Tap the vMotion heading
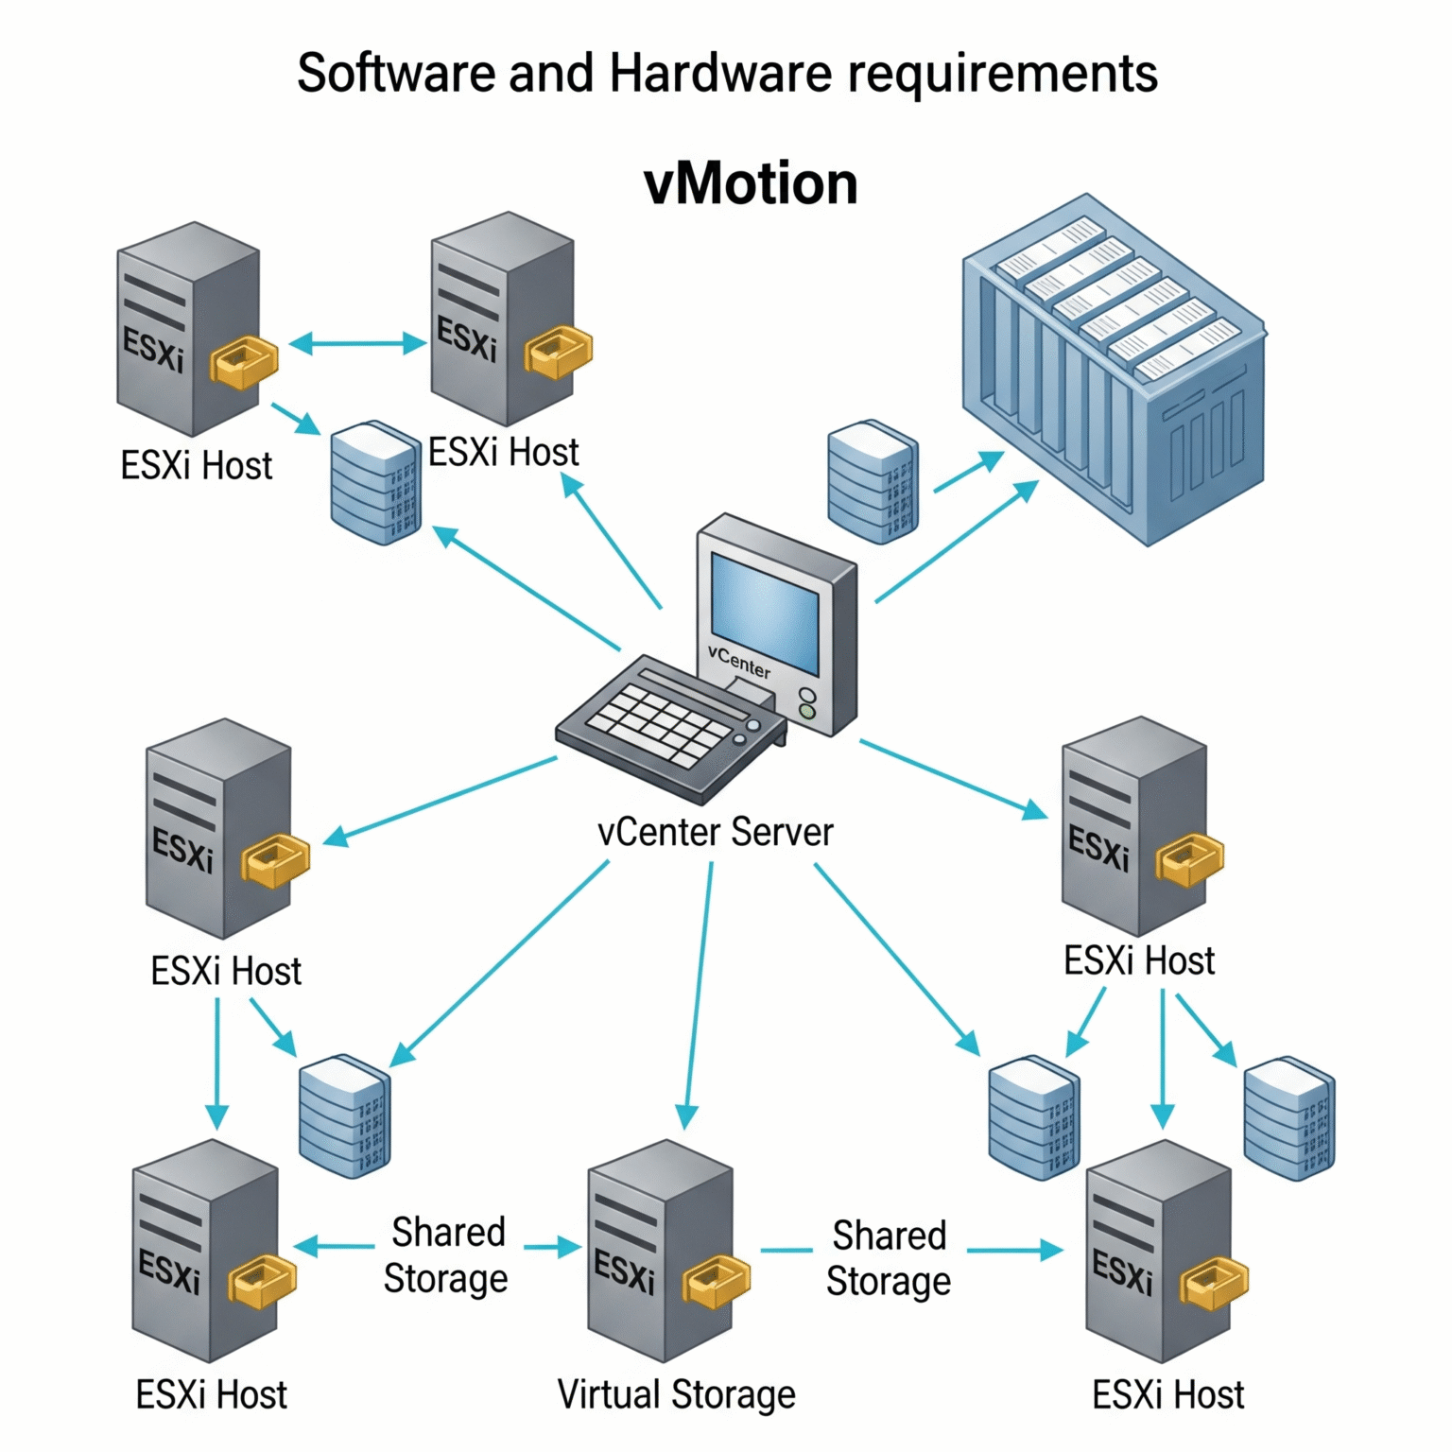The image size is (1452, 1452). (x=751, y=183)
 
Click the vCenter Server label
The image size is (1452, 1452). (x=715, y=833)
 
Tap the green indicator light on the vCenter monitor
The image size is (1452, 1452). (x=807, y=712)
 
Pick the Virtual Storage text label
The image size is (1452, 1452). (x=676, y=1395)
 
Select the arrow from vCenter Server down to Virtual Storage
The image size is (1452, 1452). (x=698, y=993)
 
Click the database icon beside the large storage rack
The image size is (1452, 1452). (x=872, y=482)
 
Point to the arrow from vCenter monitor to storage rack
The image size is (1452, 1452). (x=955, y=543)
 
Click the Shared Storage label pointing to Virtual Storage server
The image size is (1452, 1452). (x=446, y=1255)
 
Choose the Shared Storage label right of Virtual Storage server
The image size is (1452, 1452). (x=889, y=1258)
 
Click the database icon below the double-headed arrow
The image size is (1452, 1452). (x=375, y=482)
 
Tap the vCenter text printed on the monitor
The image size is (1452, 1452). (x=739, y=663)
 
